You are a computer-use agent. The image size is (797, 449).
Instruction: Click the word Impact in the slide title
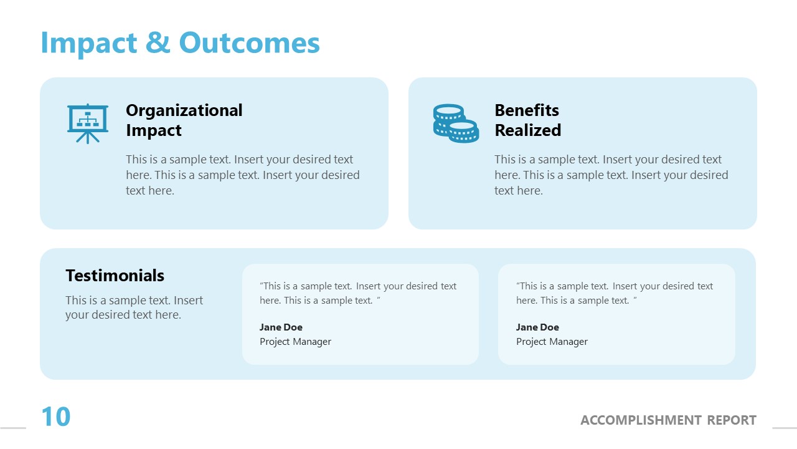[89, 44]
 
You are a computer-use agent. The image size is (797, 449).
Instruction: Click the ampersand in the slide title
[158, 42]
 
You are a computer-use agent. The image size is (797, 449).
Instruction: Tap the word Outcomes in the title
[250, 42]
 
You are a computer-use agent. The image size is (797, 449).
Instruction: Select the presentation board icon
[88, 123]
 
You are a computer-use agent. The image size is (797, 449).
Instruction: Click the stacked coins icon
[456, 123]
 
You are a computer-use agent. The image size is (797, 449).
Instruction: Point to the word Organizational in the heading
[184, 110]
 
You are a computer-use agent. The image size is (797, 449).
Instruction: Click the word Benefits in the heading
[527, 110]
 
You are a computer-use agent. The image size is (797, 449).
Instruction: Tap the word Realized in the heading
[527, 130]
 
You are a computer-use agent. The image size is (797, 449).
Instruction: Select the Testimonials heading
[115, 276]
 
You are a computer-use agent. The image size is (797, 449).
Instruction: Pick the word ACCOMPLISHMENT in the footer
[641, 420]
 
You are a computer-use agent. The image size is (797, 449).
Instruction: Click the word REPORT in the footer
[732, 420]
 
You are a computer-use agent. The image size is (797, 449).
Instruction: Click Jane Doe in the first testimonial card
[281, 327]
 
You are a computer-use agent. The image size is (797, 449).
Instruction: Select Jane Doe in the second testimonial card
[537, 327]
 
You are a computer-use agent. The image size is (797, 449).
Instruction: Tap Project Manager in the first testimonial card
[295, 341]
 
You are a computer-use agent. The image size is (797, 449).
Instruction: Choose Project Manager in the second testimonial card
[552, 341]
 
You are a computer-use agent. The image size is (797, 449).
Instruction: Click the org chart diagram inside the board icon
[88, 119]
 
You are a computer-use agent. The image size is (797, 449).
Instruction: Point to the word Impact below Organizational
[154, 130]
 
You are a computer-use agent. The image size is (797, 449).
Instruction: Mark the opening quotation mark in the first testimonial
[262, 284]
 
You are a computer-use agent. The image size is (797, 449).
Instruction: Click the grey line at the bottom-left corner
[13, 428]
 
